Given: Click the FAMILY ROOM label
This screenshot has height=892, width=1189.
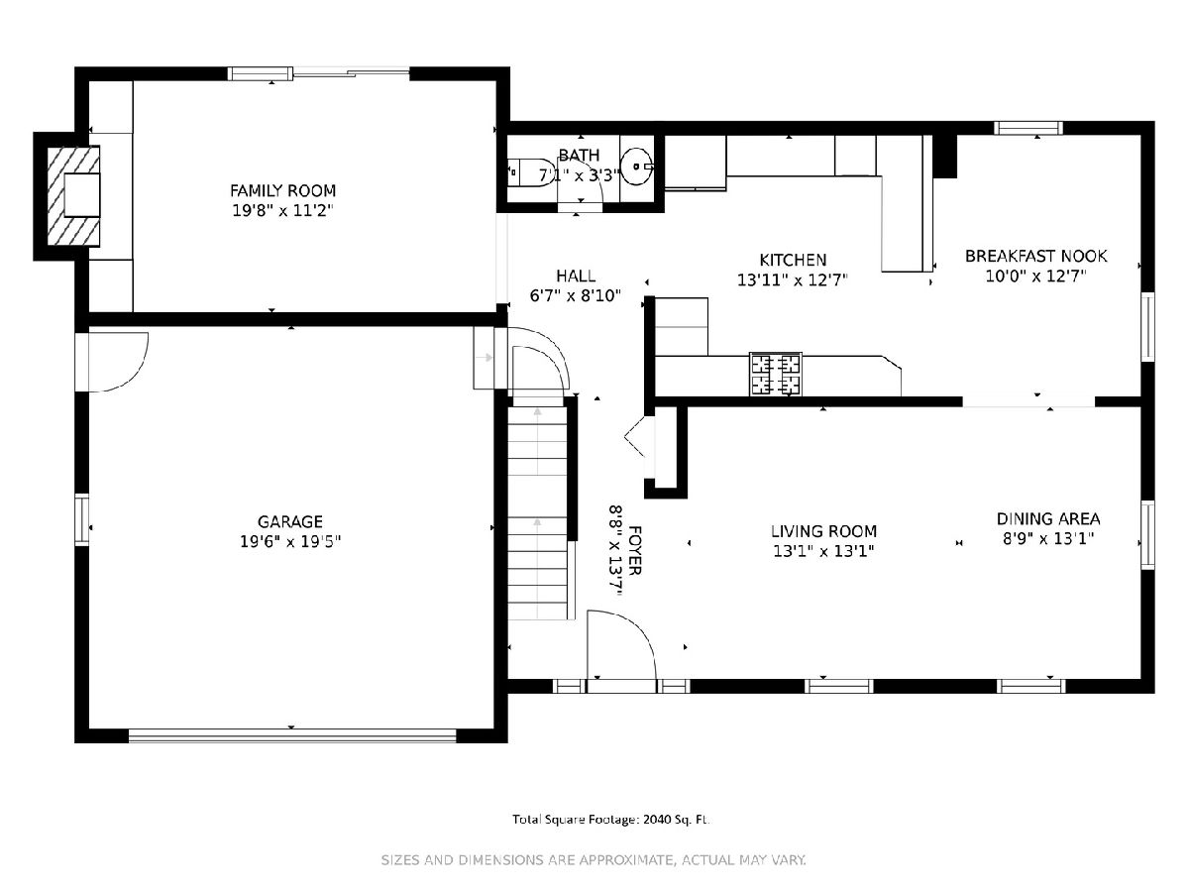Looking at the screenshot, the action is [282, 190].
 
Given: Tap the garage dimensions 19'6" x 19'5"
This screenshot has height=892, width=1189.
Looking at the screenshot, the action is [290, 541].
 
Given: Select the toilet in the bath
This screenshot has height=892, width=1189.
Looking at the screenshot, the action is [531, 172].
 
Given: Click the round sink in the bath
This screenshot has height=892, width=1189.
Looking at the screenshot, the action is [636, 166].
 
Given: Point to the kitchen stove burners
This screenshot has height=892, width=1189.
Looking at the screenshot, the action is [776, 374].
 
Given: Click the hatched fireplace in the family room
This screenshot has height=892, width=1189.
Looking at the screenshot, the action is [73, 195].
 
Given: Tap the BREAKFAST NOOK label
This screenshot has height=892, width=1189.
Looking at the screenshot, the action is [1035, 256].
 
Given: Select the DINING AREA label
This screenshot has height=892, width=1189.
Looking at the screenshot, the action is [1048, 518].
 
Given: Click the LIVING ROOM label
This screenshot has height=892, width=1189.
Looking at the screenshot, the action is [823, 531].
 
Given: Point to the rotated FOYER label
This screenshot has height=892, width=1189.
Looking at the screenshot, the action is [635, 550].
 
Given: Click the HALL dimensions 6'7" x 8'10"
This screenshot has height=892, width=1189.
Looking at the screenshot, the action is [575, 295].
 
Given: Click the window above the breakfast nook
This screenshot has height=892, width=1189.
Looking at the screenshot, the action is [1028, 129].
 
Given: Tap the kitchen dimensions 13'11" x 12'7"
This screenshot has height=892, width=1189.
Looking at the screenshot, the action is [792, 280].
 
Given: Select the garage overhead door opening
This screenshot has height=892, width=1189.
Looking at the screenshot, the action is [292, 735].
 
